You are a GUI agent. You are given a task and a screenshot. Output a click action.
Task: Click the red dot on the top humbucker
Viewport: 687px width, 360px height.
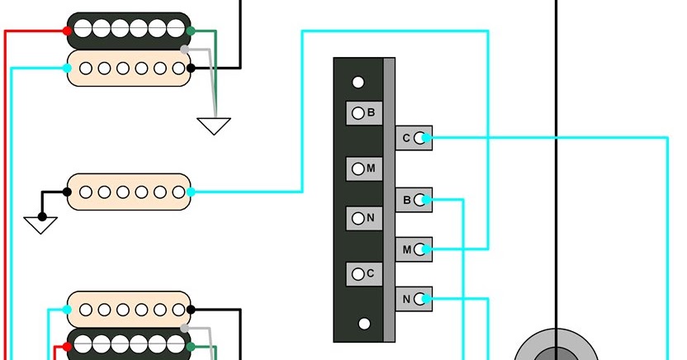[x=68, y=31]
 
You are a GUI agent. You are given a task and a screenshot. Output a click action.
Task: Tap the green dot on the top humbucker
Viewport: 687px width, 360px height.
[x=191, y=31]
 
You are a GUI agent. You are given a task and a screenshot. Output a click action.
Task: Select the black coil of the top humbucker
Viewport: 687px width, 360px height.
[x=129, y=30]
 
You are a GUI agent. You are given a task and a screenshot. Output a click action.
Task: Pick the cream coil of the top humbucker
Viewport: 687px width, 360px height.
[x=129, y=69]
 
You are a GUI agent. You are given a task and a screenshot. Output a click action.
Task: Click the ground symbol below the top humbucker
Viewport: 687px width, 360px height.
[x=214, y=126]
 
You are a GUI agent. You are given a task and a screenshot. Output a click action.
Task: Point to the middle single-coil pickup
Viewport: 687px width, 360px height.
[x=129, y=192]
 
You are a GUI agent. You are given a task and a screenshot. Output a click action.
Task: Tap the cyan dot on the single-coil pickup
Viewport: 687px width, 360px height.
[x=191, y=192]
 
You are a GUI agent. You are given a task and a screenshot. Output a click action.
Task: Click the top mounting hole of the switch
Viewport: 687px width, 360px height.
[x=358, y=83]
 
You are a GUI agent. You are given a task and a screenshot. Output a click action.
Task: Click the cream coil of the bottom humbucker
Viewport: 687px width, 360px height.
[x=129, y=310]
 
